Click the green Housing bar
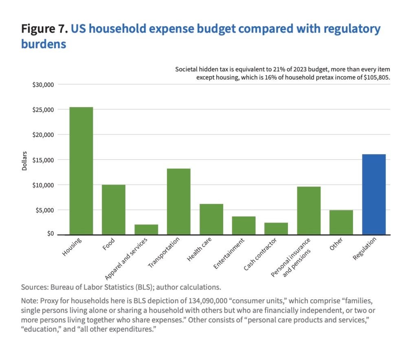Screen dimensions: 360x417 (x=81, y=171)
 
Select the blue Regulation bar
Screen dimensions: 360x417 (x=374, y=194)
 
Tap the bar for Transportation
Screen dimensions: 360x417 (x=178, y=201)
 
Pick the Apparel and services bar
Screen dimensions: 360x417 (x=146, y=230)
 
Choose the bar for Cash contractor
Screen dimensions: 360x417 (x=276, y=228)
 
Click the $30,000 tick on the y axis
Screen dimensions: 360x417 (x=43, y=84)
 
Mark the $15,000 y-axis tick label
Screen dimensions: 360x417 (x=43, y=160)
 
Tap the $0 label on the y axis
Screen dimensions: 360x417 (x=50, y=234)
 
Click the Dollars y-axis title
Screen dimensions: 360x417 (x=24, y=161)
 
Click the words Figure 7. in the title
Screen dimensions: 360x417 (x=44, y=29)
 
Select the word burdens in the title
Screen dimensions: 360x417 (x=44, y=44)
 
